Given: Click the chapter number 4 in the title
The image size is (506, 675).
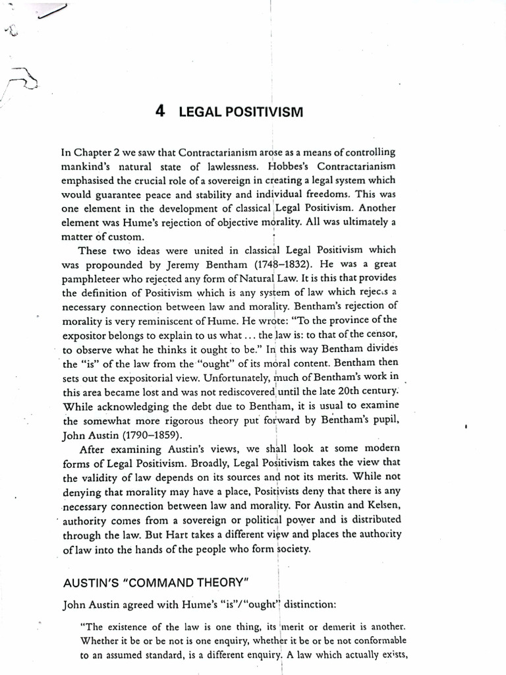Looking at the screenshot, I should tap(159, 111).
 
